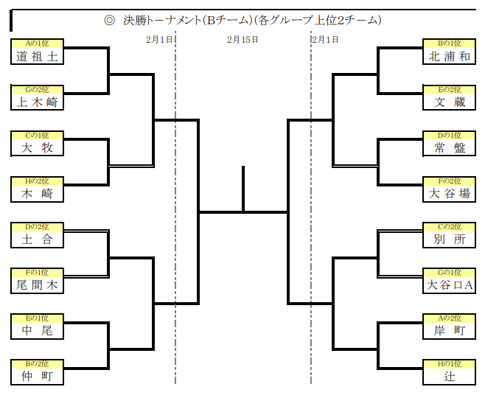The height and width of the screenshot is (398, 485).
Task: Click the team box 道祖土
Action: coord(37,57)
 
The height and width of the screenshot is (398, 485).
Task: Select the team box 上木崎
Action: coord(37,102)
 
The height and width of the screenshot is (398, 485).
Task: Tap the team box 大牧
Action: coord(37,148)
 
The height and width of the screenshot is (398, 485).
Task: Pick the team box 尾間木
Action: coord(37,284)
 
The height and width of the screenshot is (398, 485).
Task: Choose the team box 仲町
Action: coord(37,376)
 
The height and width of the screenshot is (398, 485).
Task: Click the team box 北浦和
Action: coord(450,57)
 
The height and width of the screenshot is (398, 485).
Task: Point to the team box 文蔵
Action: coord(450,102)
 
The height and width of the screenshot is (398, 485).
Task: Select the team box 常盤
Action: coord(450,148)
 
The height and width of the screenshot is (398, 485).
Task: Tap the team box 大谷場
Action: coord(450,194)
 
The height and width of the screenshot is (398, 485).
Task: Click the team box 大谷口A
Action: coord(450,284)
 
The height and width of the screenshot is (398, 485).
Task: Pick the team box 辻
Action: coord(450,376)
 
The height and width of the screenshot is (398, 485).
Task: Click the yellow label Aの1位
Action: coord(37,43)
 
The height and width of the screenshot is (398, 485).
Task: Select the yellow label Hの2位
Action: coord(37,180)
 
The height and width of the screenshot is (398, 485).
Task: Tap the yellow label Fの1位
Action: coord(37,271)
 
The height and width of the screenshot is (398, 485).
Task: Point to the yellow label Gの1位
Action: coord(450,271)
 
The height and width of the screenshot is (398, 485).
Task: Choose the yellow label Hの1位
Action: coord(450,363)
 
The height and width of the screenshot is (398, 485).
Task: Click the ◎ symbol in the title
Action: coord(109,21)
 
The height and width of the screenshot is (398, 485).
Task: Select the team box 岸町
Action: coord(450,330)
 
